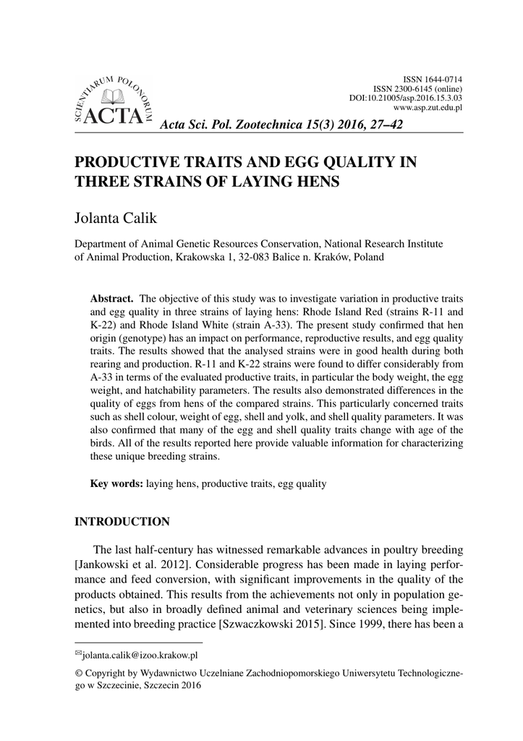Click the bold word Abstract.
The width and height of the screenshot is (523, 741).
point(111,298)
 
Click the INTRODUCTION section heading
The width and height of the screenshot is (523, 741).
point(122,522)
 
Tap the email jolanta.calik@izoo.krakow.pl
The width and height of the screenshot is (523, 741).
point(140,656)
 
